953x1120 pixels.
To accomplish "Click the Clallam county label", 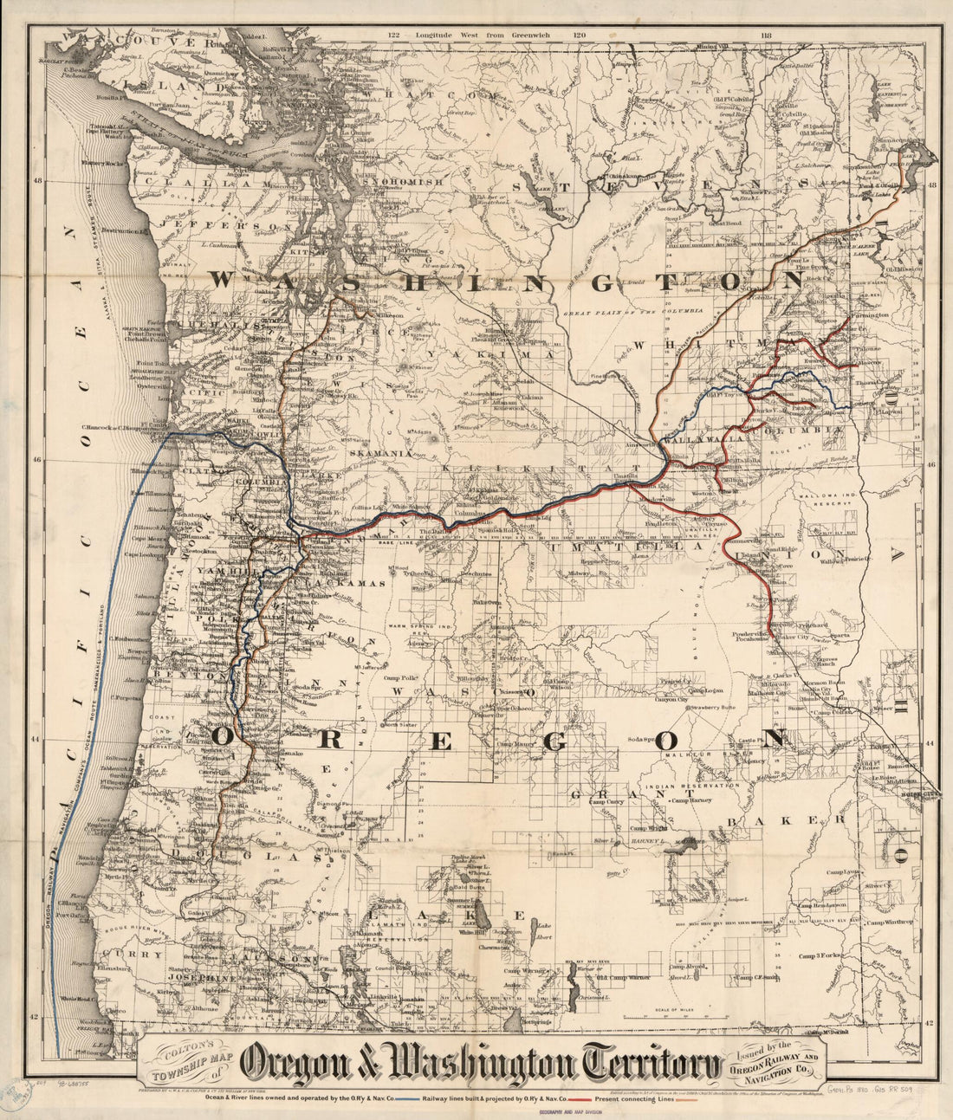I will point(208,185).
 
